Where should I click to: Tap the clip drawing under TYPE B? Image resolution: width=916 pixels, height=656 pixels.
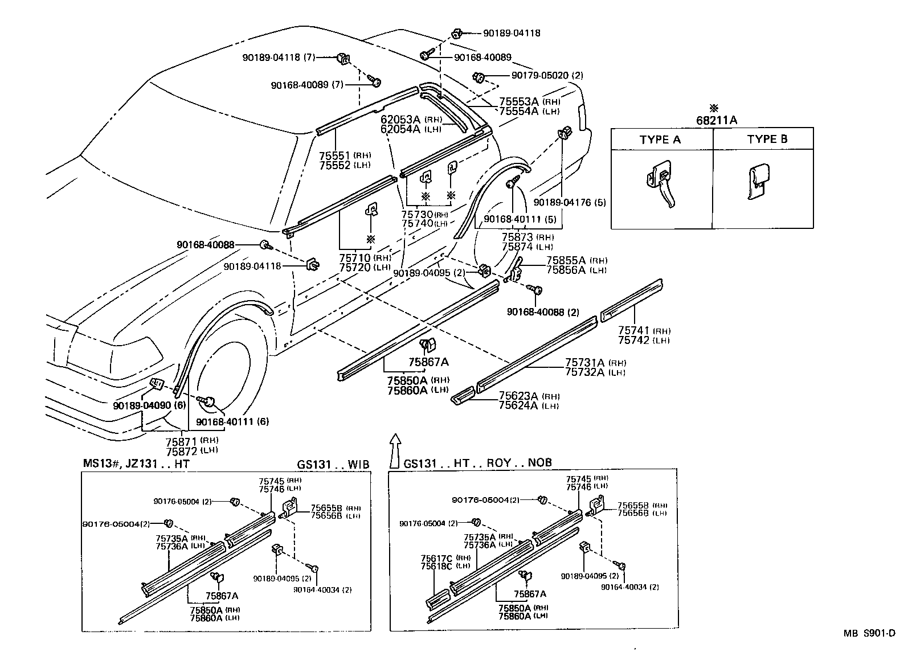pos(759,181)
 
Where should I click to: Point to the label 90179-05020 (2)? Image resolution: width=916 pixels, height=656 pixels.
pos(538,76)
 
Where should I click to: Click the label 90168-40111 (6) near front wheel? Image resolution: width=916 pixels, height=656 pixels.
pos(232,421)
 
